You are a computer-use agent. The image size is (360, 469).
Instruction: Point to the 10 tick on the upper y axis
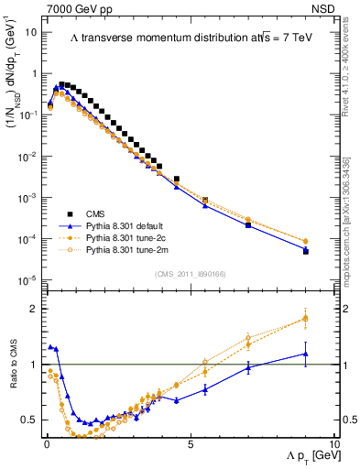(31, 32)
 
